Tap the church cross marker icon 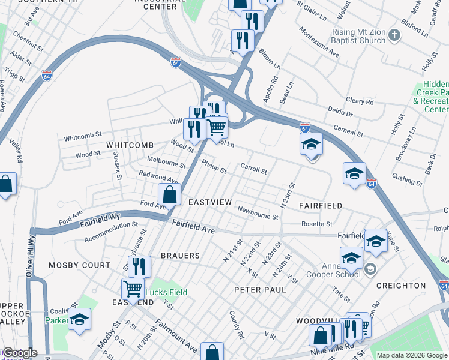[394, 35]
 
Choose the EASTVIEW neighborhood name [209, 202]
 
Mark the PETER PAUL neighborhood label [259, 289]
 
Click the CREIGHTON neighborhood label [400, 286]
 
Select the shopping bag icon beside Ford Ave [170, 194]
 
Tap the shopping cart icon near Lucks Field [133, 288]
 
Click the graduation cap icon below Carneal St [311, 144]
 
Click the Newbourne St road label [258, 213]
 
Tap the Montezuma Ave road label [319, 43]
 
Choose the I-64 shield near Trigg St [47, 76]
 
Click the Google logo [19, 353]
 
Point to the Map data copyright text [411, 355]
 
